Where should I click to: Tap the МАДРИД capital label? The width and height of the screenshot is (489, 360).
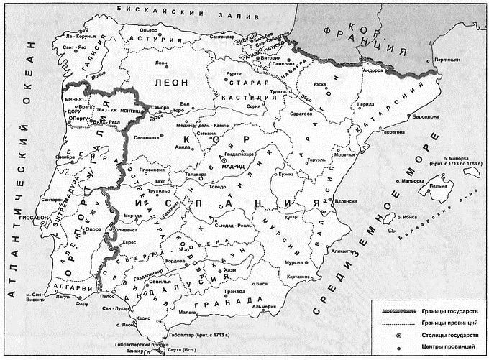click(x=236, y=165)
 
